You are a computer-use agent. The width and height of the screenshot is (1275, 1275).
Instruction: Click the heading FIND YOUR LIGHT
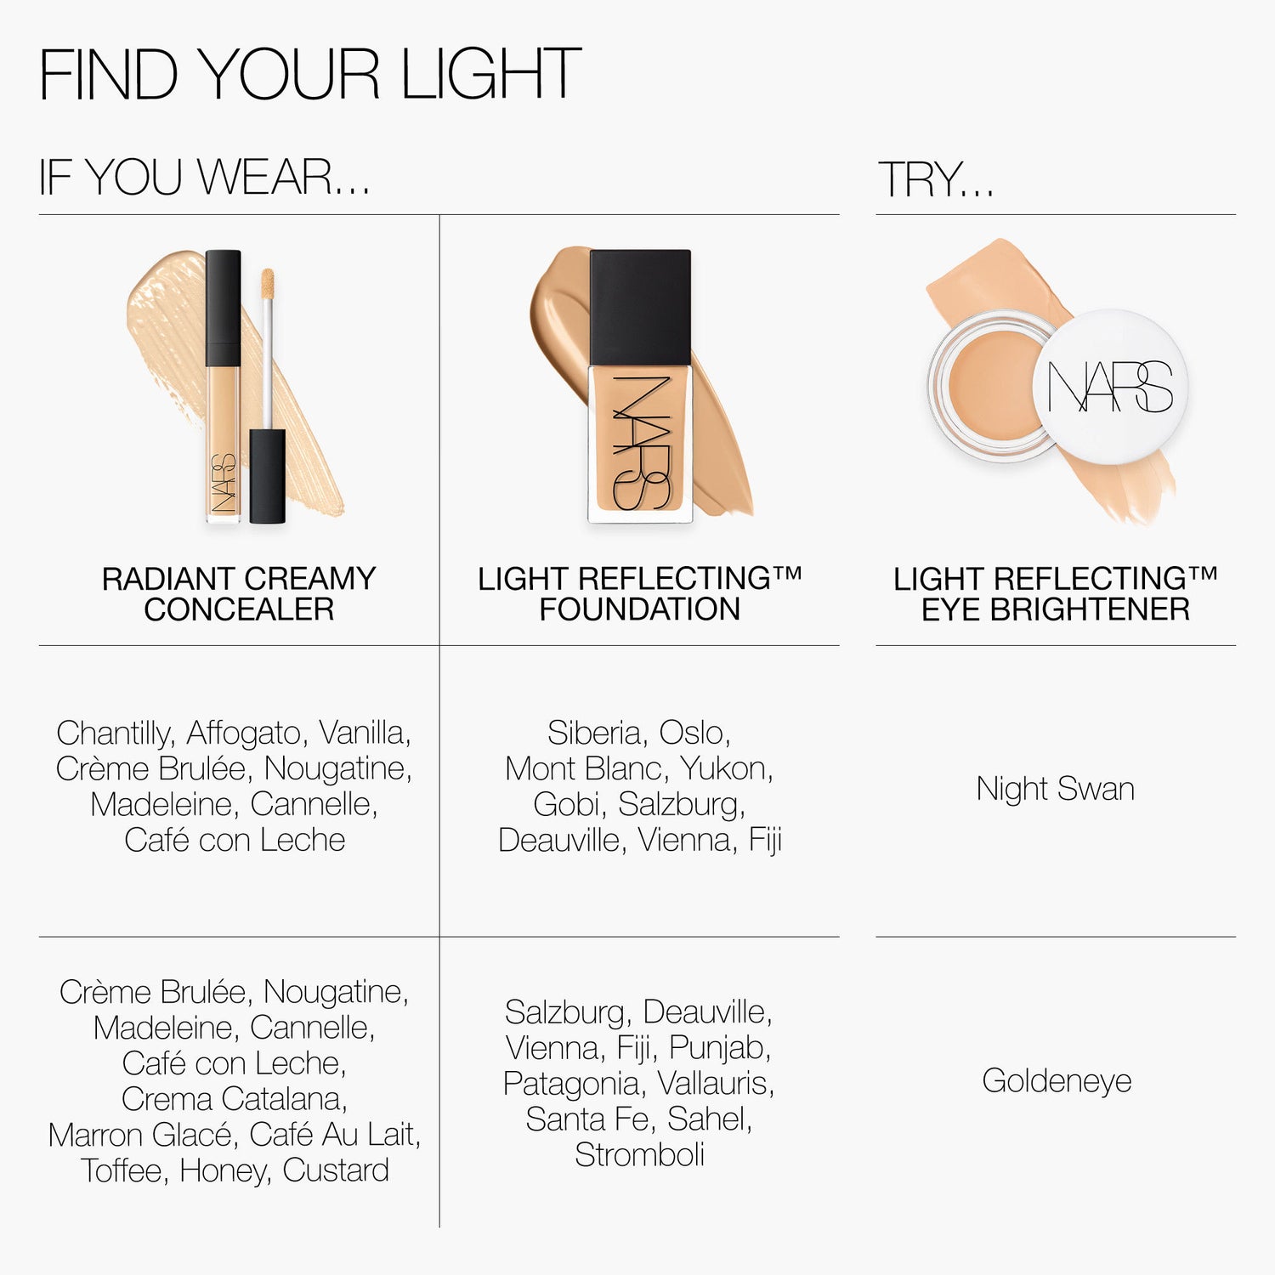[x=310, y=75]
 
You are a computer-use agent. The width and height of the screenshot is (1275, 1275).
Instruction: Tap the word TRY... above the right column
[x=935, y=179]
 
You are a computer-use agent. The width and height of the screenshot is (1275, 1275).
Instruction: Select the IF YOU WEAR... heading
[x=205, y=178]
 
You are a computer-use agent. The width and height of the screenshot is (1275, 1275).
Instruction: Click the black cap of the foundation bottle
[x=640, y=307]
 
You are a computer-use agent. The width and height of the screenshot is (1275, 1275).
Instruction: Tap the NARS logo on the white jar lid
[x=1110, y=388]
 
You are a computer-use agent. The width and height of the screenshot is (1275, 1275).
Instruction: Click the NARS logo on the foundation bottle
[x=641, y=443]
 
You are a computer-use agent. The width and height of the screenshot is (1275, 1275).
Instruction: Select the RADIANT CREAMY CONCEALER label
[x=239, y=593]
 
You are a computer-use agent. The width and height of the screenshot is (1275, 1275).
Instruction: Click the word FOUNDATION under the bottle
[x=639, y=609]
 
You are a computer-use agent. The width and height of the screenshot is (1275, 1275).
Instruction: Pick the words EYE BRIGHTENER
[x=1056, y=609]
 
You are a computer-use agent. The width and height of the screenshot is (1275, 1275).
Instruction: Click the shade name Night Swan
[x=1055, y=789]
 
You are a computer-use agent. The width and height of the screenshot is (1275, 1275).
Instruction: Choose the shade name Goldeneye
[x=1057, y=1081]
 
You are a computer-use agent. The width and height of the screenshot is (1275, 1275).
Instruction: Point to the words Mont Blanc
[x=583, y=768]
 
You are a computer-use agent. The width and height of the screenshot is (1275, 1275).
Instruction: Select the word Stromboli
[x=639, y=1154]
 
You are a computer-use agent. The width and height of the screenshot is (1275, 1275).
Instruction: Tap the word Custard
[x=336, y=1170]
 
